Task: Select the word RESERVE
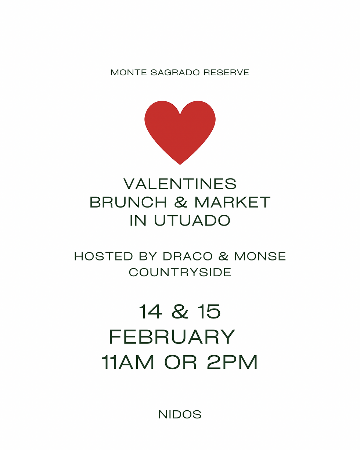point(226,72)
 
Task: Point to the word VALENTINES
point(180,184)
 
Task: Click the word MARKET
point(233,202)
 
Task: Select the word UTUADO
point(192,220)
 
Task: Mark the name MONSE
point(260,256)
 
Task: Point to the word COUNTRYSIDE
point(180,272)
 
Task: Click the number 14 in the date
point(150,312)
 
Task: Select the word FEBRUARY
point(172,337)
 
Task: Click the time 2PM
point(232,363)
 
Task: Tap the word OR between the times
point(181,363)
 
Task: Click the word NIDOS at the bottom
point(180,415)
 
